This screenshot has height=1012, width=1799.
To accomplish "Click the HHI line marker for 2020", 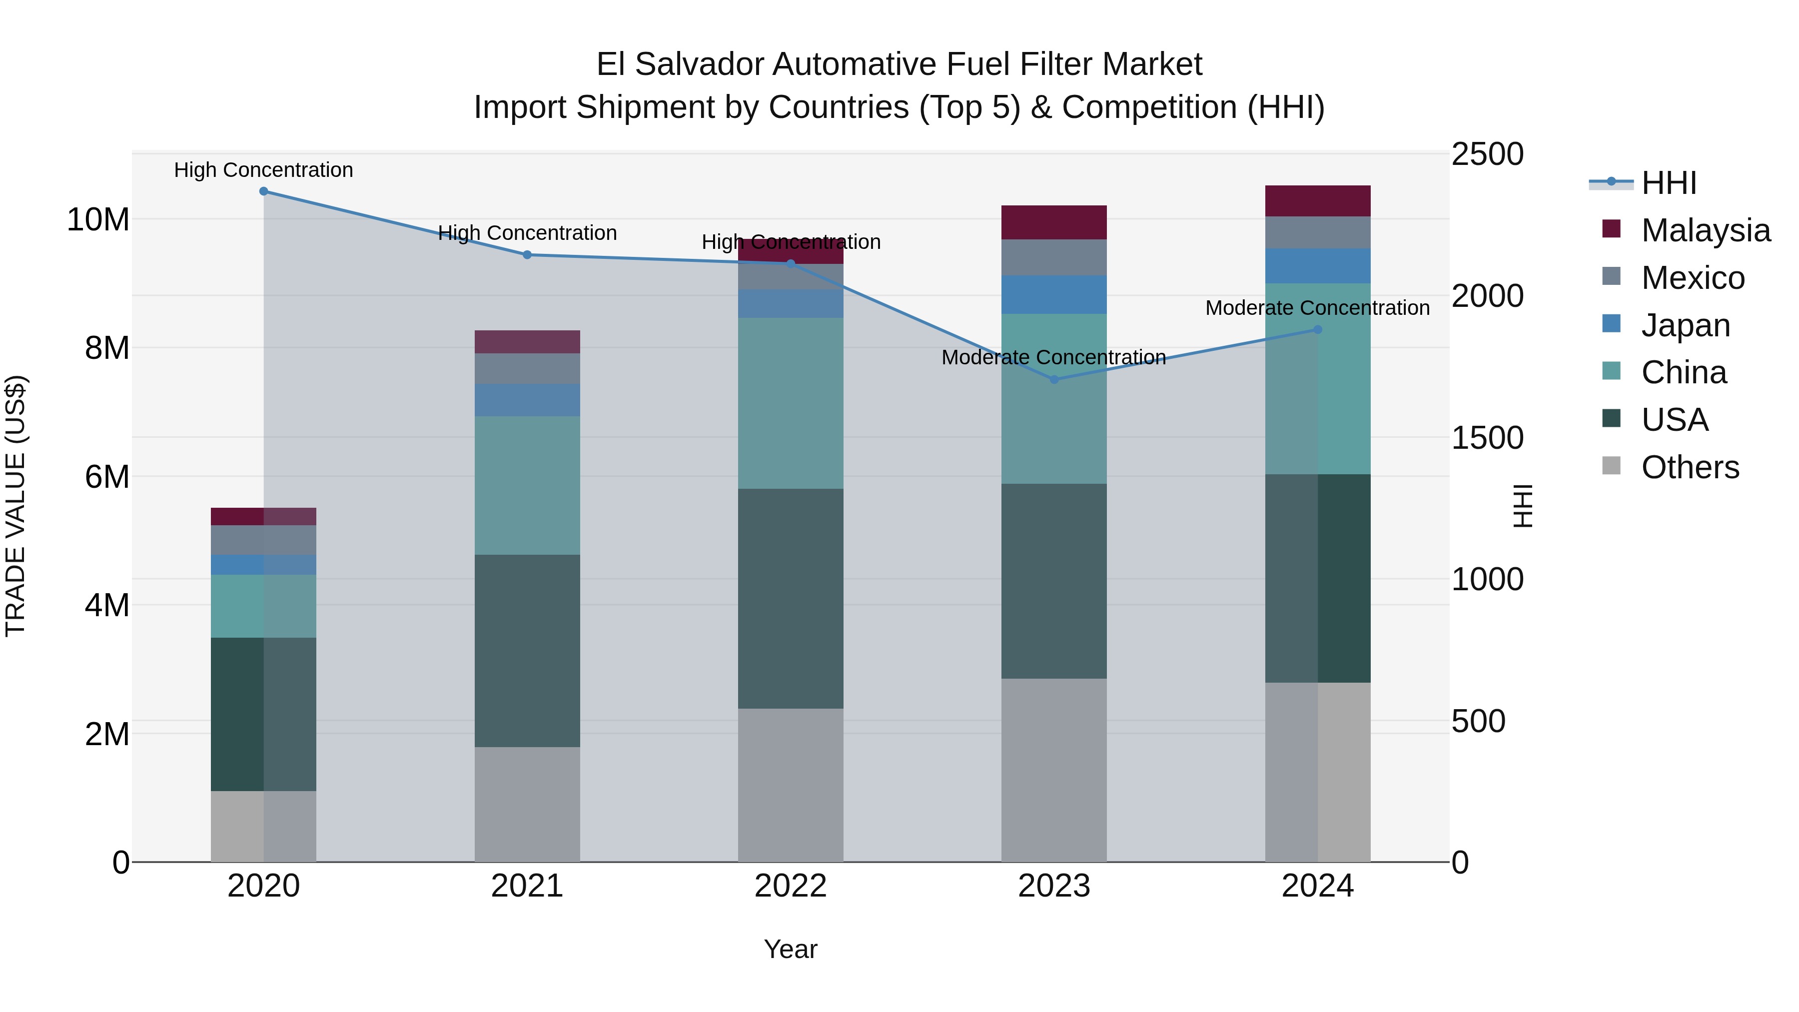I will tap(263, 191).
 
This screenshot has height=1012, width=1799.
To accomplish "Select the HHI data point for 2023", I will tap(1054, 379).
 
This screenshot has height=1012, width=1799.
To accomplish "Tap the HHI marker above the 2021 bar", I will tap(527, 255).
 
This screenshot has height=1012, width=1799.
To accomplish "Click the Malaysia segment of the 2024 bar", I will tap(1318, 201).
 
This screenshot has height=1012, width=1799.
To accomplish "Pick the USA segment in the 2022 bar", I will tap(791, 599).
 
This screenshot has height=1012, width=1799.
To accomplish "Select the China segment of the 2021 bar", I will tap(527, 485).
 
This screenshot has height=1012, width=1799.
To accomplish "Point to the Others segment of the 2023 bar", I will tap(1054, 770).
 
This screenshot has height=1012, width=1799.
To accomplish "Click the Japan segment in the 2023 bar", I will tap(1054, 295).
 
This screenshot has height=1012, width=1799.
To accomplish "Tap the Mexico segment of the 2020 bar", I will tap(263, 540).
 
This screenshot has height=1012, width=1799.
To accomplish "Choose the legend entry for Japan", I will tap(1685, 325).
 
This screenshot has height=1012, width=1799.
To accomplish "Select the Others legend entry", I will tap(1690, 467).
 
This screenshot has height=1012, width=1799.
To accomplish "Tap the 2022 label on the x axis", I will tap(791, 886).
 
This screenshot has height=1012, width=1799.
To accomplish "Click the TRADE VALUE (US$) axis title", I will tap(15, 506).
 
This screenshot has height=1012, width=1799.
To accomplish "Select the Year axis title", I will tap(791, 949).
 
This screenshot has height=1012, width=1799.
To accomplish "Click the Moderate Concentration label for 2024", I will tap(1317, 308).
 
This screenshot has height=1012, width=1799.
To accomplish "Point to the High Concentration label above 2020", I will tap(263, 170).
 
